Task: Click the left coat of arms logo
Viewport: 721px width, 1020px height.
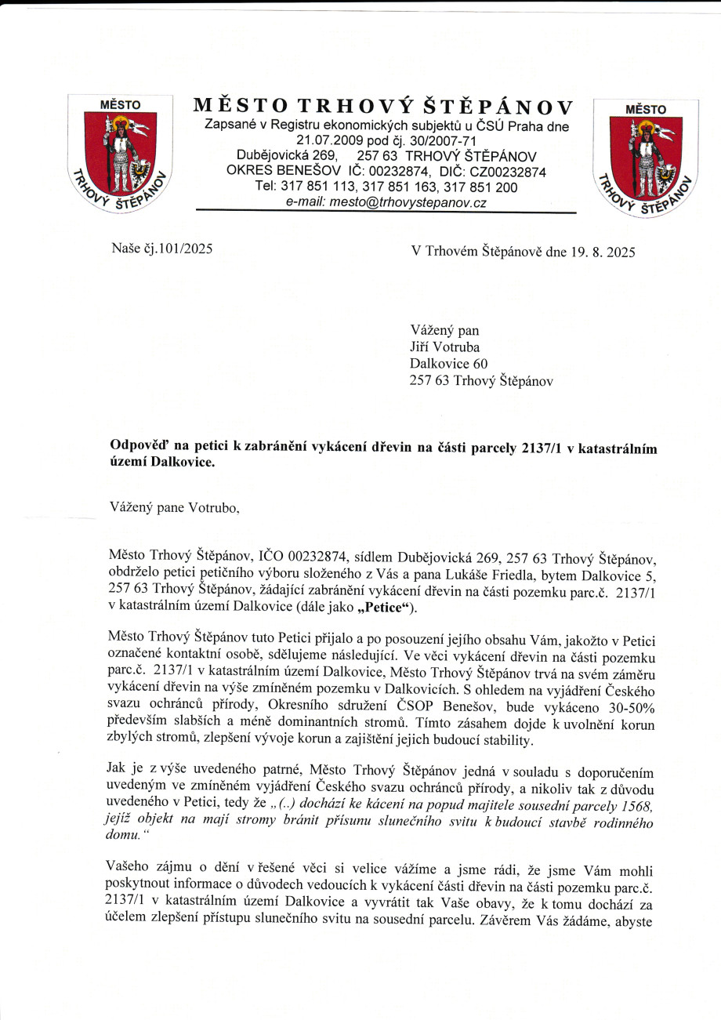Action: click(120, 155)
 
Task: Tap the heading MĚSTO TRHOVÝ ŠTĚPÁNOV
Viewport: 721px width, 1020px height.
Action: click(383, 107)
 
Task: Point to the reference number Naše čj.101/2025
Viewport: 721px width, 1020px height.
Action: click(161, 251)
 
